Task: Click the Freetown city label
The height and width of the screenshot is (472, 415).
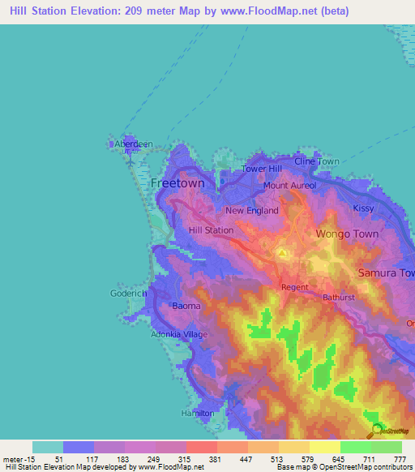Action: coord(178,183)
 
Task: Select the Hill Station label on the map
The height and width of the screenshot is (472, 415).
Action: coord(211,230)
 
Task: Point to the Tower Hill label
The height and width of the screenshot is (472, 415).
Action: coord(262,169)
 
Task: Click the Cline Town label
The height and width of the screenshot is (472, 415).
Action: coord(316,161)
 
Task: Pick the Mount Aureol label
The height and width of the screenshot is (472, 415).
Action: coord(289,186)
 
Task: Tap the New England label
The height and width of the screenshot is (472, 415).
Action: coord(251,211)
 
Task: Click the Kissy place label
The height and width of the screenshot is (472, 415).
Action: coord(364,208)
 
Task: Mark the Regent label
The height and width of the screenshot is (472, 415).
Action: coord(294,287)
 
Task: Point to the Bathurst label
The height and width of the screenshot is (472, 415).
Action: coord(340,298)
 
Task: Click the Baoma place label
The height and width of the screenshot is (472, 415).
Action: coord(186,306)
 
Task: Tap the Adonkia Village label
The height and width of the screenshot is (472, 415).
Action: coord(179,334)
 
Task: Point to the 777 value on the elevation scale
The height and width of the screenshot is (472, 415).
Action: coord(398,460)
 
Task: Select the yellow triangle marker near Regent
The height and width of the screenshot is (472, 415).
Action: coord(281,255)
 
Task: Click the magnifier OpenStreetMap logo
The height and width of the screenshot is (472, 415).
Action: coord(377,431)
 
